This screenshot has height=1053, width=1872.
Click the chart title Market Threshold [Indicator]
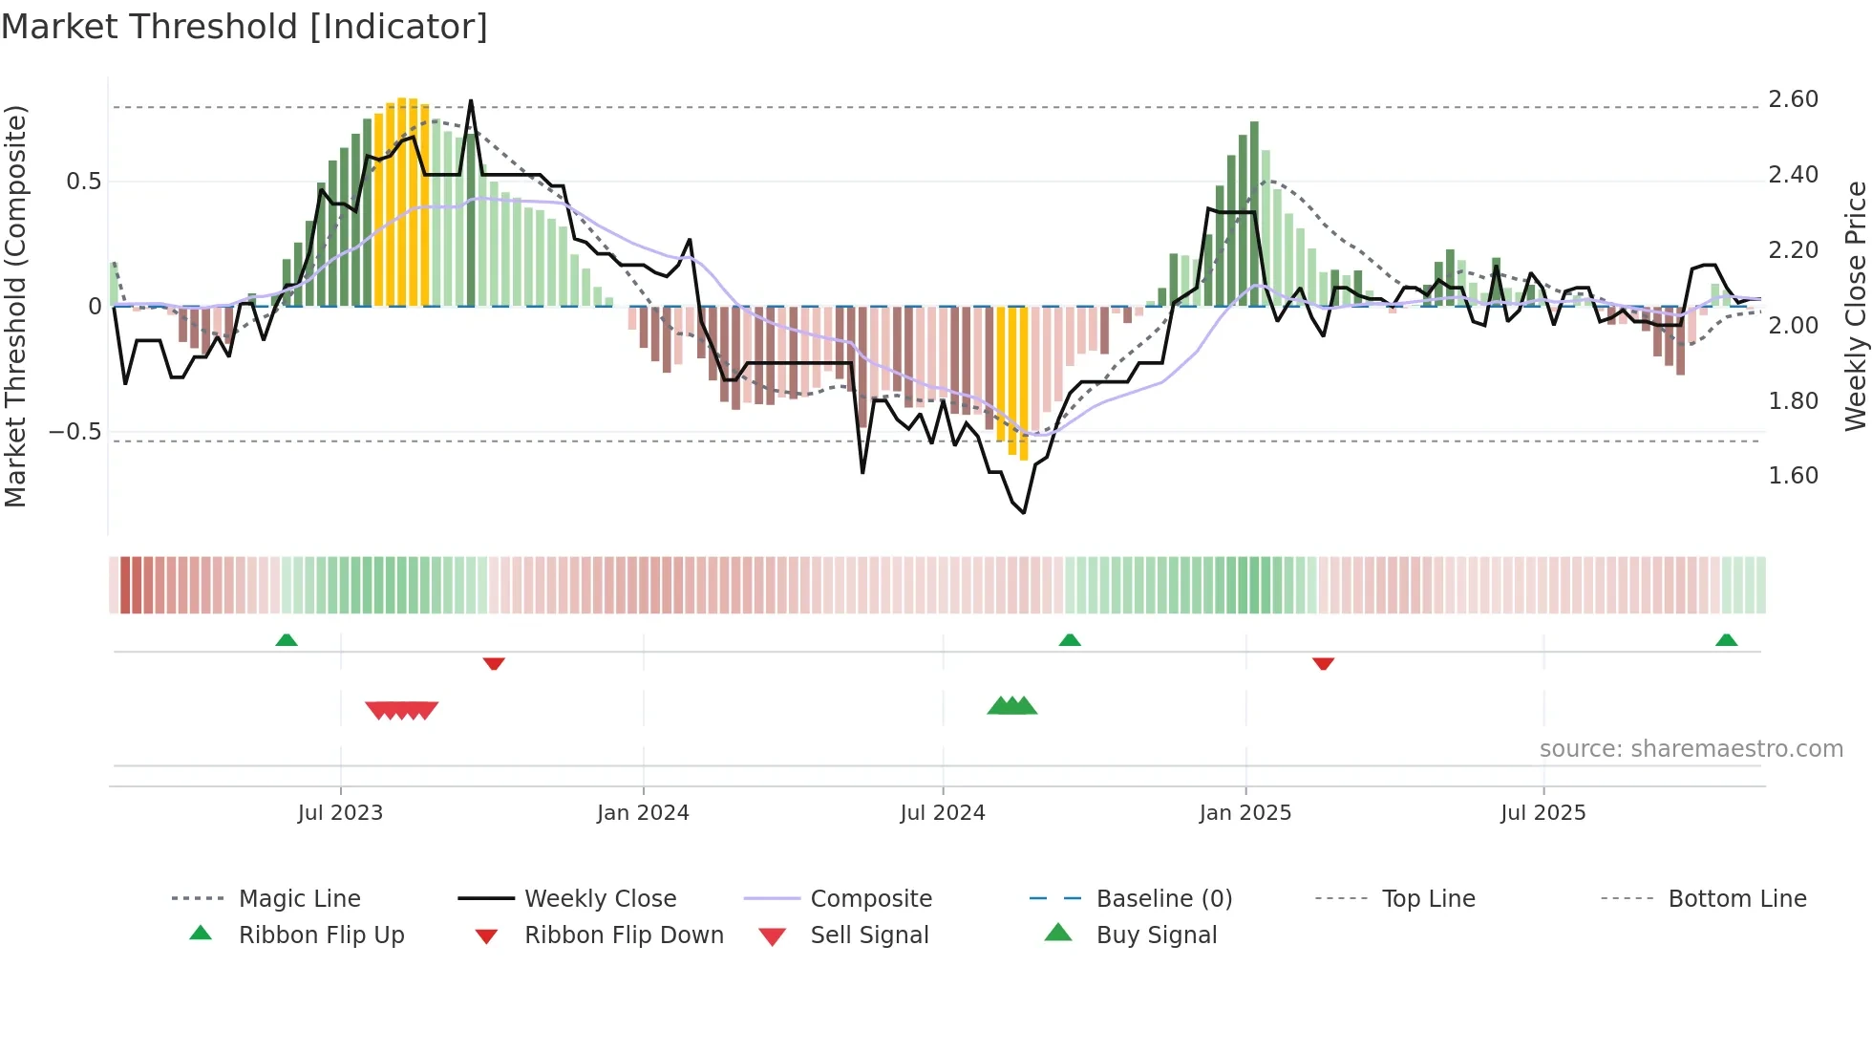pos(245,27)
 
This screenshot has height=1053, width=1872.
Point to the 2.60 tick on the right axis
pos(1793,99)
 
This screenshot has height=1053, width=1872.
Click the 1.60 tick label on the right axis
pos(1793,476)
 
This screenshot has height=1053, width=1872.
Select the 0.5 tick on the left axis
pos(83,182)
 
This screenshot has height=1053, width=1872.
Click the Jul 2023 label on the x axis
pos(340,813)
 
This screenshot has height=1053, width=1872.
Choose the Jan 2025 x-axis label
pos(1244,813)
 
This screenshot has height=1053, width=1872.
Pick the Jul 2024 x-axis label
pos(942,813)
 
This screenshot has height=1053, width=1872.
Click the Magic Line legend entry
pos(299,899)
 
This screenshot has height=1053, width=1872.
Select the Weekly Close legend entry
pos(600,899)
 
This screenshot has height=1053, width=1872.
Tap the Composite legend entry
pos(870,899)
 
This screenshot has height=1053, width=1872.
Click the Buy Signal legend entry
pos(1156,935)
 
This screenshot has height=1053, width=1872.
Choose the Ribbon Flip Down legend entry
pos(623,935)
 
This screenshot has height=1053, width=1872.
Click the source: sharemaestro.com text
pos(1691,749)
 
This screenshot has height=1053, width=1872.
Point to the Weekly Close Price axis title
pos(1855,306)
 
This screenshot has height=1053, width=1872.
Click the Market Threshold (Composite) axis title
pos(15,306)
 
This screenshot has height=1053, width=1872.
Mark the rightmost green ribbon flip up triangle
pos(1726,640)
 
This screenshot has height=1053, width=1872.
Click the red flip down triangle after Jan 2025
pos(1323,663)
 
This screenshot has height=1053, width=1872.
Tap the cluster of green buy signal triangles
pos(1011,706)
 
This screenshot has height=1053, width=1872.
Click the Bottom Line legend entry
pos(1736,899)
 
